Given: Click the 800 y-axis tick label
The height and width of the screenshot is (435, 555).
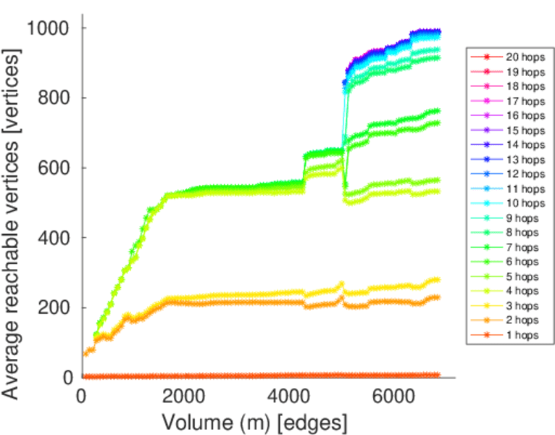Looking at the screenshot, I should click(x=54, y=98).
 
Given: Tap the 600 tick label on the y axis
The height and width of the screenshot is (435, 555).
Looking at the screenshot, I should click(x=54, y=167).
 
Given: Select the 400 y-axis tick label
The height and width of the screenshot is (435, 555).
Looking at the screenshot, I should click(x=54, y=238).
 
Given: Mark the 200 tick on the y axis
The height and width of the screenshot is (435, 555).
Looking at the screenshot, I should click(x=54, y=307).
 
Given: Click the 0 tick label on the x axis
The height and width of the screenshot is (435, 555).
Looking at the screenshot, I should click(x=81, y=397).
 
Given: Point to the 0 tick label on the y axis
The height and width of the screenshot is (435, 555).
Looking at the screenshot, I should click(x=67, y=377).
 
